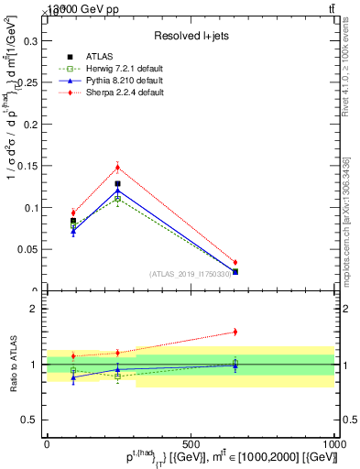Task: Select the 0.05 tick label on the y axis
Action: (28, 249)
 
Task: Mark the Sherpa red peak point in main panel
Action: (117, 167)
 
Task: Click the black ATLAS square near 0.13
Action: (117, 183)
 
